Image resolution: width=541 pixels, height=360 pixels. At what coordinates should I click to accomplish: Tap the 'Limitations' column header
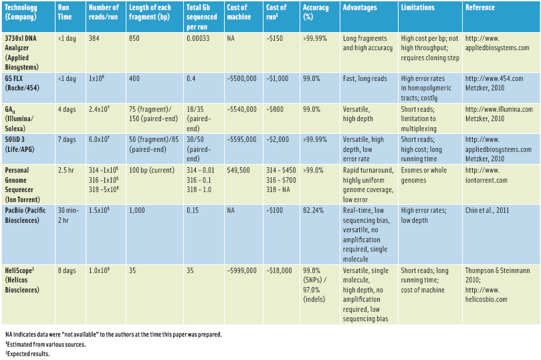[417, 8]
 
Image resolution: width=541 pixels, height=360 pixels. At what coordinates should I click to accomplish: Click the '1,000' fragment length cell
[136, 210]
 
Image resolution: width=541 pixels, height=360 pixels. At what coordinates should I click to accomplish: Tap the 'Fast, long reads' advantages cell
[364, 78]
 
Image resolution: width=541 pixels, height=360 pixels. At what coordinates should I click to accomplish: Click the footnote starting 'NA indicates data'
[114, 333]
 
